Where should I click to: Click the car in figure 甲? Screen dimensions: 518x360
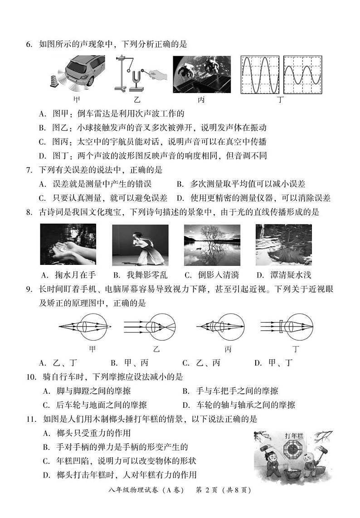click(x=84, y=71)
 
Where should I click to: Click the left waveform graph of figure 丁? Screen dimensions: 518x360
click(x=260, y=75)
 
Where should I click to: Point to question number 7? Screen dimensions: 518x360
click(x=29, y=170)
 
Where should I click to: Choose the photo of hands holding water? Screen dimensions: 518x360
click(x=68, y=244)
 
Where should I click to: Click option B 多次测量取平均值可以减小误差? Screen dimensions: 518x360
click(x=247, y=184)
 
